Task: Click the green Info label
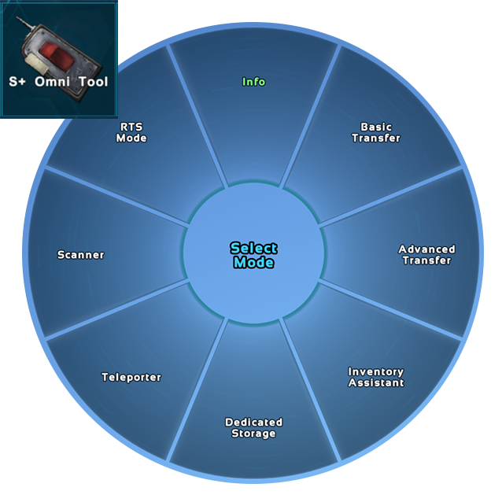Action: pyautogui.click(x=253, y=82)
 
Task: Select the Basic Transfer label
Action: pyautogui.click(x=375, y=132)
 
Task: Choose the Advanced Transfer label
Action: pyautogui.click(x=426, y=255)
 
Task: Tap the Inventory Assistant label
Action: pyautogui.click(x=375, y=377)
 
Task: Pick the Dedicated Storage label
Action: pyautogui.click(x=253, y=428)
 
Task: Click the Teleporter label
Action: pyautogui.click(x=131, y=378)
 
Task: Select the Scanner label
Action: pyautogui.click(x=80, y=255)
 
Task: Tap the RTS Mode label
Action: pyautogui.click(x=131, y=132)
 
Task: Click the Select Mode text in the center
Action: pyautogui.click(x=253, y=255)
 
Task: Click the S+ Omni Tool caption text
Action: pyautogui.click(x=58, y=82)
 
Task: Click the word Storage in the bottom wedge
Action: pyautogui.click(x=253, y=434)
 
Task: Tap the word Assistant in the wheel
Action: pyautogui.click(x=375, y=383)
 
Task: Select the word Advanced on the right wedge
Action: pyautogui.click(x=426, y=249)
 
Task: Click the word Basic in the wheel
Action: pyautogui.click(x=375, y=127)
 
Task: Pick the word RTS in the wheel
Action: pyautogui.click(x=131, y=127)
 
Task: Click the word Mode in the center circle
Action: pyautogui.click(x=253, y=263)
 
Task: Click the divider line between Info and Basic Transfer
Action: pyautogui.click(x=312, y=114)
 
